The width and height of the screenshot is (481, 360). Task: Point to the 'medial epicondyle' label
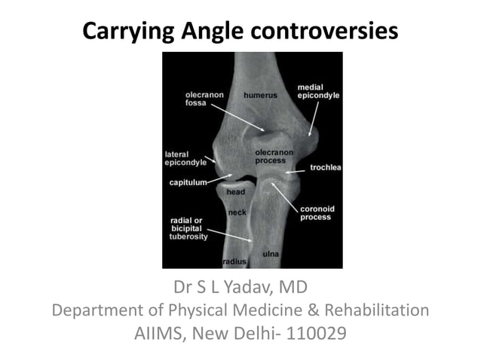pos(318,92)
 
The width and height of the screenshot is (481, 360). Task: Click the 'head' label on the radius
pos(235,193)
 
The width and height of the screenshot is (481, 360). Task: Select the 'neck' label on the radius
pos(237,213)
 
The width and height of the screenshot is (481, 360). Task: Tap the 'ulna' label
pos(271,255)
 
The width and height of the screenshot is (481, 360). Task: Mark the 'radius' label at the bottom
pos(235,261)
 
